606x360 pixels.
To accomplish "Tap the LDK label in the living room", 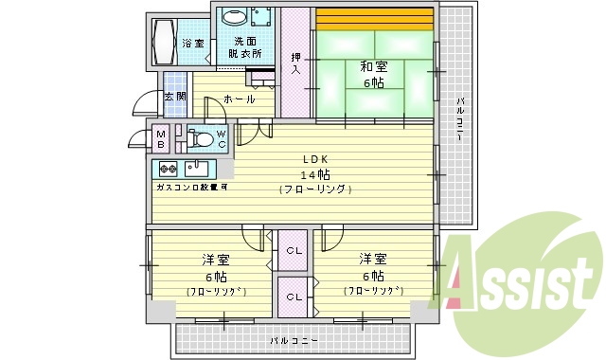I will (x=316, y=158).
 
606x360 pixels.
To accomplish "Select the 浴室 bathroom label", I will (x=193, y=44).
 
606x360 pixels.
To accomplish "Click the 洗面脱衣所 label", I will (x=247, y=47).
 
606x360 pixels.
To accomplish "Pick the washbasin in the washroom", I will (x=233, y=16).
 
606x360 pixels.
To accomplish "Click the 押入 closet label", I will (x=296, y=65).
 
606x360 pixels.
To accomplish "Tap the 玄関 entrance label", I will (x=175, y=98).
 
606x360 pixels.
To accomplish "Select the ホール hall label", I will (x=239, y=99).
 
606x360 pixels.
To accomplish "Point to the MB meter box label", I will (x=162, y=140).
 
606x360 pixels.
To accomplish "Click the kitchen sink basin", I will (x=197, y=170).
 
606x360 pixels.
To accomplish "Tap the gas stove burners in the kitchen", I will (x=166, y=170).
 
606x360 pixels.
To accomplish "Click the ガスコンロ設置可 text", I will (x=191, y=188).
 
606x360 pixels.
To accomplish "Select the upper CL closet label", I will (x=294, y=251).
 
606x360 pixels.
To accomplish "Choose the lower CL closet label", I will (x=294, y=297).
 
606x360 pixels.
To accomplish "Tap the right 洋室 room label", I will (x=372, y=259).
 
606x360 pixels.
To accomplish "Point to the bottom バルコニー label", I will (x=293, y=339).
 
